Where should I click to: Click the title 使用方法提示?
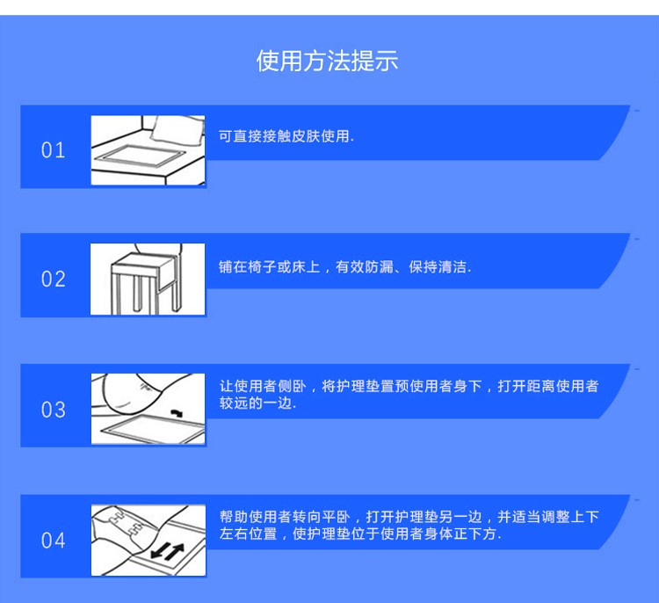coord(328,61)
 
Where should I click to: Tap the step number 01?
coord(53,150)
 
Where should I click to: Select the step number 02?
coord(54,279)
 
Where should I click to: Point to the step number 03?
coord(54,410)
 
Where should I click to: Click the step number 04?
coord(54,541)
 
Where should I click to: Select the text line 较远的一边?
coord(257,403)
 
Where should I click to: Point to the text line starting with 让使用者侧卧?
coord(409,386)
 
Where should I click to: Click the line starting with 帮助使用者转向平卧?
coord(409,516)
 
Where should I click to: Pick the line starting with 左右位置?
coord(360,534)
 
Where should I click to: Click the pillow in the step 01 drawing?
coord(177,129)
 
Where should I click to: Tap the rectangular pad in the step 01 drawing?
coord(140,156)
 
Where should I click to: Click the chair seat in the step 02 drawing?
coord(143,260)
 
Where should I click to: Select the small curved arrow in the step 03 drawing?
coord(177,413)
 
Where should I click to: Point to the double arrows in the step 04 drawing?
coord(168,551)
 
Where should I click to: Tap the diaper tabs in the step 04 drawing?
coord(124,520)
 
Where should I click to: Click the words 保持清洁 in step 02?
coord(438,266)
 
